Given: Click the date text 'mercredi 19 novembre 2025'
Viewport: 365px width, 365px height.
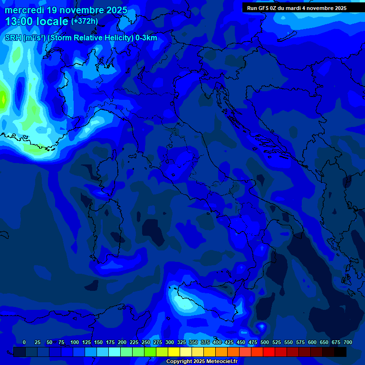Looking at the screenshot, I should [x=66, y=10].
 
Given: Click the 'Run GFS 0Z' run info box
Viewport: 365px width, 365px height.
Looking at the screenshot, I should [x=297, y=8].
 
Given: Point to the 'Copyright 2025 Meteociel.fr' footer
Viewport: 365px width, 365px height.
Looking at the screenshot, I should [x=202, y=362].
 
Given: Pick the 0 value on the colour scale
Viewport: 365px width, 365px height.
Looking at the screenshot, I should [x=24, y=342].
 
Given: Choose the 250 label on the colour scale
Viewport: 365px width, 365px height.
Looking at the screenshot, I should [x=146, y=342].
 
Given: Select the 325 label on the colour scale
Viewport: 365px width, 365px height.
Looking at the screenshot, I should [x=182, y=342].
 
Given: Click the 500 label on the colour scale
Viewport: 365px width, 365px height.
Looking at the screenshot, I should [x=265, y=342].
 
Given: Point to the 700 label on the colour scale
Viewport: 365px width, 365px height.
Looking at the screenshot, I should [x=348, y=342].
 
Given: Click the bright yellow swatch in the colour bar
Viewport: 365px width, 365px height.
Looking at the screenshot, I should [x=174, y=352].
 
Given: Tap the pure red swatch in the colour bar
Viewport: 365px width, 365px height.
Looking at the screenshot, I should [x=269, y=352].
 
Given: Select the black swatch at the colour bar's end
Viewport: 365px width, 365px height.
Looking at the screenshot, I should [x=340, y=352].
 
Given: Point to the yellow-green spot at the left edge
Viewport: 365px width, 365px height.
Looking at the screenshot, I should [x=3, y=99].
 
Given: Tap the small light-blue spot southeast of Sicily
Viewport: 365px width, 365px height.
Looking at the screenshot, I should [x=261, y=326].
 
